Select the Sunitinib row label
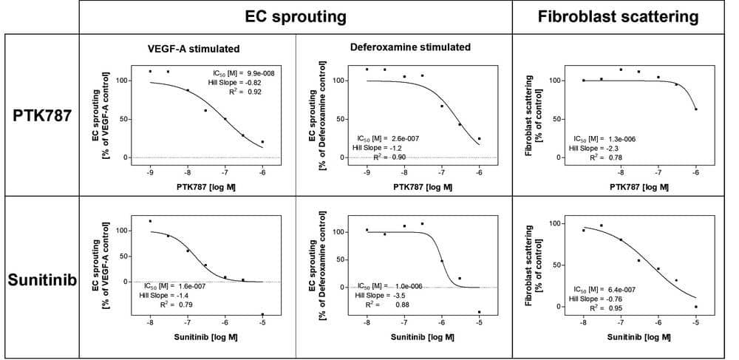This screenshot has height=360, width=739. pyautogui.click(x=41, y=282)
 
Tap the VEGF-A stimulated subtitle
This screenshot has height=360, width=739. pyautogui.click(x=194, y=50)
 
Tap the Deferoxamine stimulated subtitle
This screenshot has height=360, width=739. pyautogui.click(x=410, y=47)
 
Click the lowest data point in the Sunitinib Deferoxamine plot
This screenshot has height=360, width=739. pyautogui.click(x=479, y=312)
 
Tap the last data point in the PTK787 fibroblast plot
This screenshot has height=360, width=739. pyautogui.click(x=695, y=109)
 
